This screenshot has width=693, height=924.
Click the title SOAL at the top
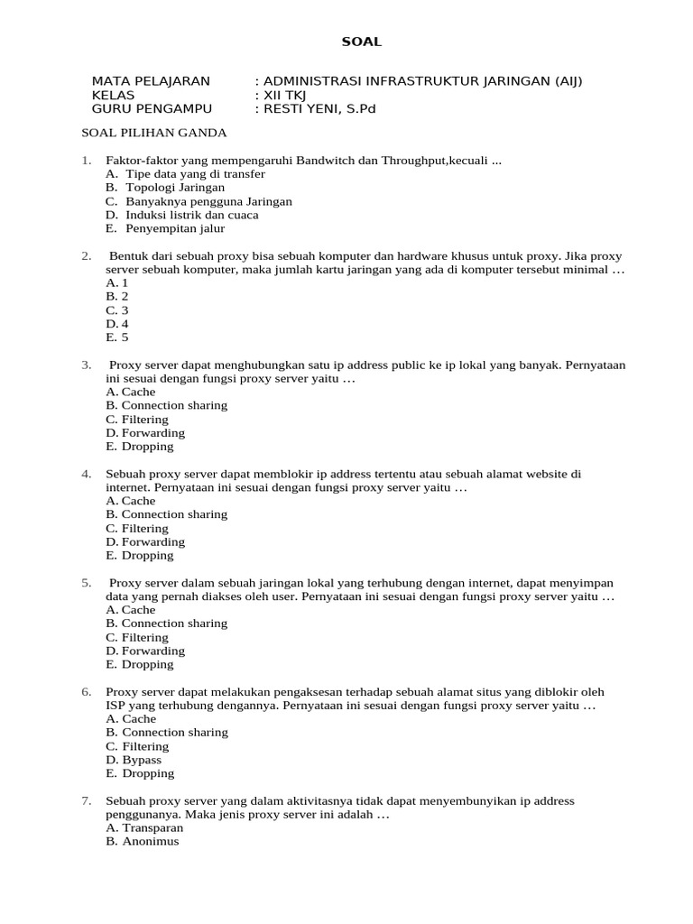pyautogui.click(x=361, y=42)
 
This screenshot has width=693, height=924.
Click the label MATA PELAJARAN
pyautogui.click(x=151, y=81)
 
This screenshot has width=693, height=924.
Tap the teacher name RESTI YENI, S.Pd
pyautogui.click(x=318, y=109)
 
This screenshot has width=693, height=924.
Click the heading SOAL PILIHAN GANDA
pyautogui.click(x=154, y=133)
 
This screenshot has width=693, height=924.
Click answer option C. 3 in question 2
pyautogui.click(x=117, y=310)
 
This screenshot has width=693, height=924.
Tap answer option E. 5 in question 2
pyautogui.click(x=117, y=337)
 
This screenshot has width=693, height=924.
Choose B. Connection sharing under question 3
pyautogui.click(x=167, y=405)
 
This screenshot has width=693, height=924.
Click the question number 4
pyautogui.click(x=87, y=474)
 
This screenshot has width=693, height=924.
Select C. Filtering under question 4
pyautogui.click(x=137, y=528)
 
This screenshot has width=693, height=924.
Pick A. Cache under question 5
pyautogui.click(x=131, y=610)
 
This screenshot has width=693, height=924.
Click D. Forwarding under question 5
pyautogui.click(x=145, y=651)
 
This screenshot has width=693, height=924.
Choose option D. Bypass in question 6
pyautogui.click(x=134, y=760)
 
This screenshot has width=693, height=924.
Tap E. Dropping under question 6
pyautogui.click(x=140, y=773)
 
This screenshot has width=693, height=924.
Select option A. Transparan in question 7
pyautogui.click(x=144, y=827)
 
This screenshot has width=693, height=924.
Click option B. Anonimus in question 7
pyautogui.click(x=143, y=841)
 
